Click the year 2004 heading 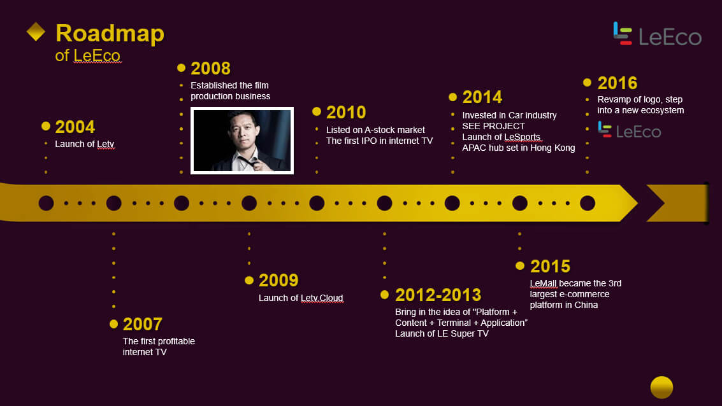75,127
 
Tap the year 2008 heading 210,69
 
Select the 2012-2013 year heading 438,295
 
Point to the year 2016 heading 617,83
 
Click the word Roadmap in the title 110,34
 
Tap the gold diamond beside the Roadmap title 36,32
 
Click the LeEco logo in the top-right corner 657,34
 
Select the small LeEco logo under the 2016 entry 630,130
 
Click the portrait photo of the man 242,141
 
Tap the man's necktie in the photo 245,161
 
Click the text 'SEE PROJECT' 494,126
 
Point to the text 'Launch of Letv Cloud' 301,298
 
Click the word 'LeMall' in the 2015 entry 544,283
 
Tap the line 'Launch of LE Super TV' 442,334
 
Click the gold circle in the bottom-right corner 661,387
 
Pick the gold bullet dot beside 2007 113,324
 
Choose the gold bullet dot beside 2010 316,111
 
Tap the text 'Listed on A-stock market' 375,130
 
